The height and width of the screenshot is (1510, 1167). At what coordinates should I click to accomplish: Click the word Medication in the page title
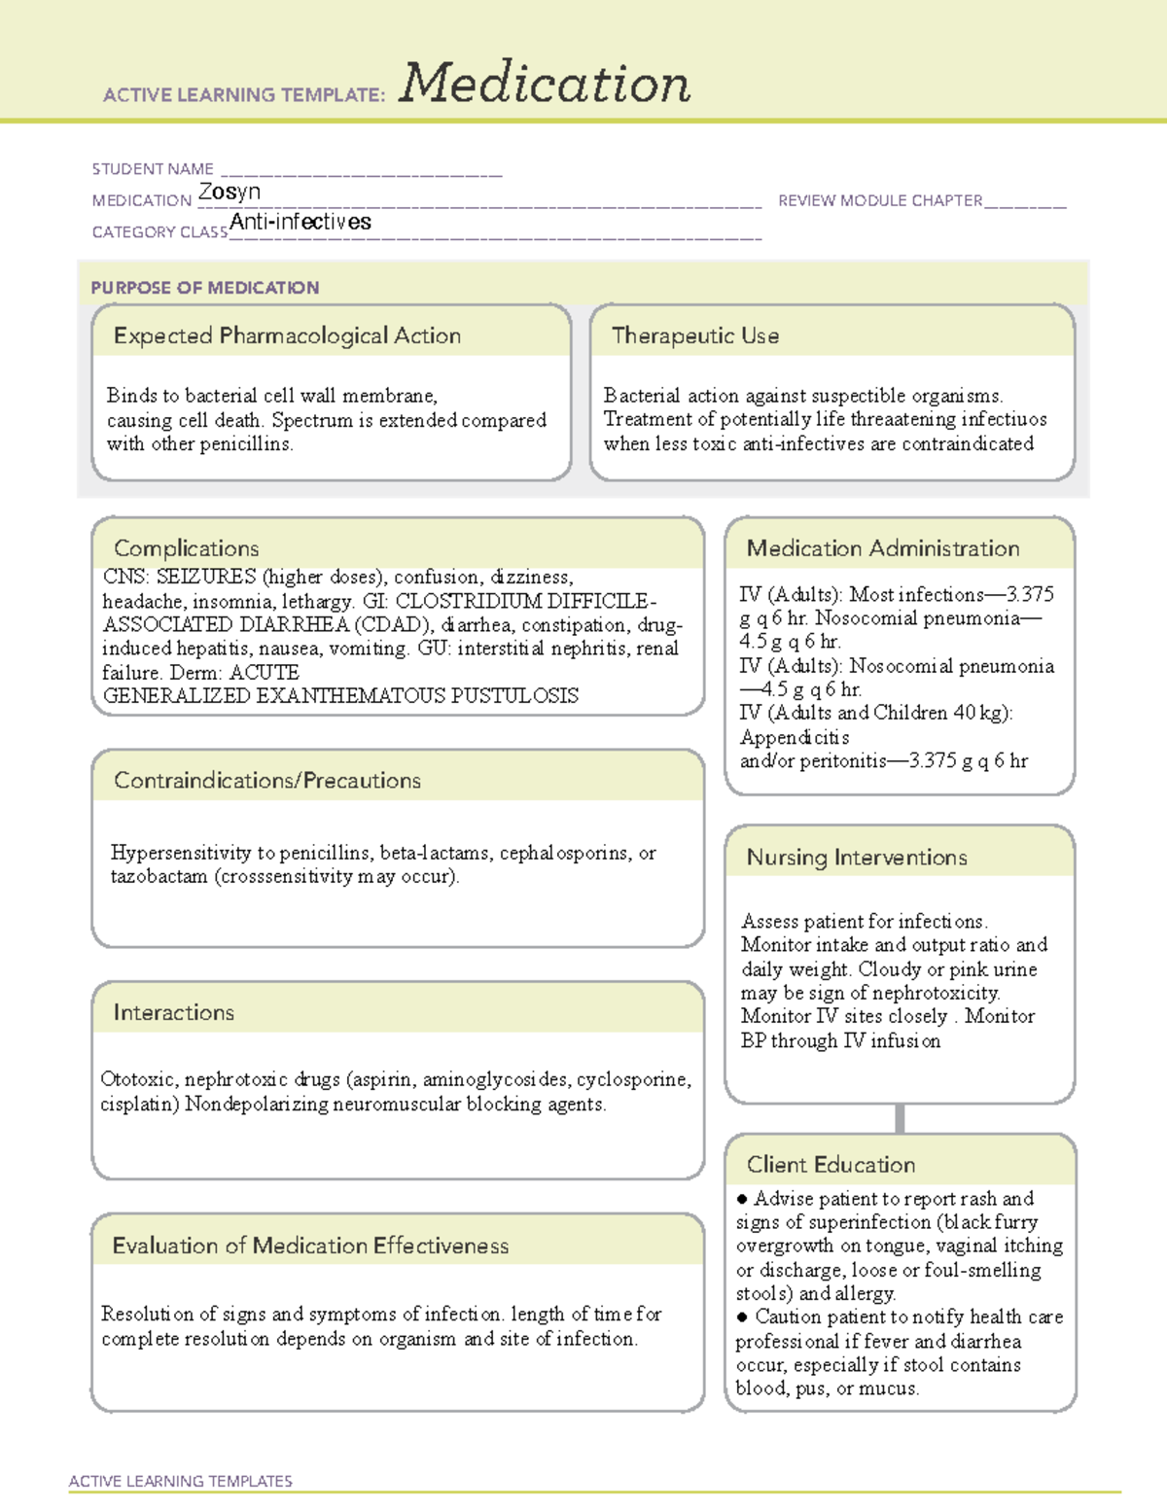(x=545, y=84)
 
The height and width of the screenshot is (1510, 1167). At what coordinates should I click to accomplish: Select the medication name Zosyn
(x=230, y=192)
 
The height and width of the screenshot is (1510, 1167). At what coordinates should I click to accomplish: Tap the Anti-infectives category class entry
(x=301, y=222)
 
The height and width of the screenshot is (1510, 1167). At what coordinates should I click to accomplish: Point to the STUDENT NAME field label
(x=153, y=169)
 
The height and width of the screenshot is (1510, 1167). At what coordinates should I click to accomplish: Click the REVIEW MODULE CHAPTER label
(x=880, y=200)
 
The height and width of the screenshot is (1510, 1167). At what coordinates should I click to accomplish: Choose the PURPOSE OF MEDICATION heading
(x=204, y=288)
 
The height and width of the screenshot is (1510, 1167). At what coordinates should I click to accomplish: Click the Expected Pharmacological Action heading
(x=287, y=335)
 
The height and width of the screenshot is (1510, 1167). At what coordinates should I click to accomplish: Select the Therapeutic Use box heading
(x=694, y=335)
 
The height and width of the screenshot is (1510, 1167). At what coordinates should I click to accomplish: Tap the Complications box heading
(x=186, y=547)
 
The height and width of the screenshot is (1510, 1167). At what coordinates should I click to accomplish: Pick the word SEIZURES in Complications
(x=206, y=577)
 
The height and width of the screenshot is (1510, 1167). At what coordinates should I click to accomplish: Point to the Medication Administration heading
(x=882, y=548)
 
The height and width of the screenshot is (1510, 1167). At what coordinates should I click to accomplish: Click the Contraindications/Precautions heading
(x=266, y=780)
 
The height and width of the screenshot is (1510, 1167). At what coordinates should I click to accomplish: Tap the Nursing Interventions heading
(x=856, y=857)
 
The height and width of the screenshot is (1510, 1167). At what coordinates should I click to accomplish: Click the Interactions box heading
(x=173, y=1012)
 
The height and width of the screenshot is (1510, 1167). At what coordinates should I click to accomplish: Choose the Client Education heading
(x=831, y=1164)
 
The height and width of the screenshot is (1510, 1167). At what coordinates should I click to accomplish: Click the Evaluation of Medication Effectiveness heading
(x=310, y=1246)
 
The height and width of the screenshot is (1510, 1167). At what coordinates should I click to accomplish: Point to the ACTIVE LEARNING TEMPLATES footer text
(x=180, y=1481)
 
